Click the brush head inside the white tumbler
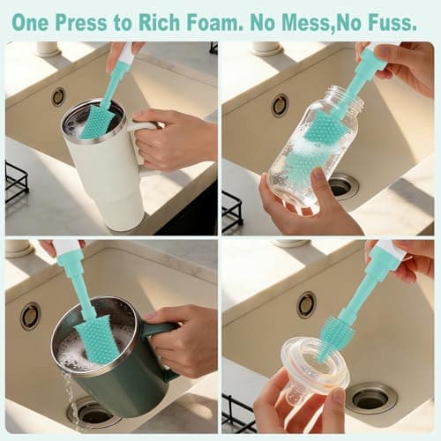99,121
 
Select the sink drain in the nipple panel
370,397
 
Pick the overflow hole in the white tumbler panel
58,96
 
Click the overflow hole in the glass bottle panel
280,105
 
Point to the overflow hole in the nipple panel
306,304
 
